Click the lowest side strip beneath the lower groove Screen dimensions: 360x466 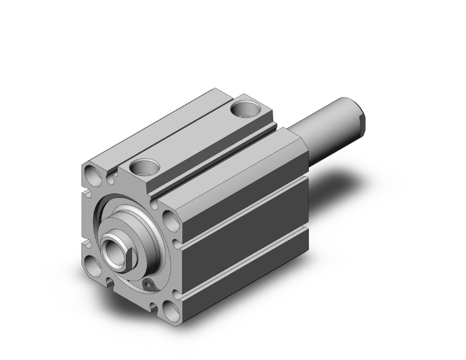pos(244,279)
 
